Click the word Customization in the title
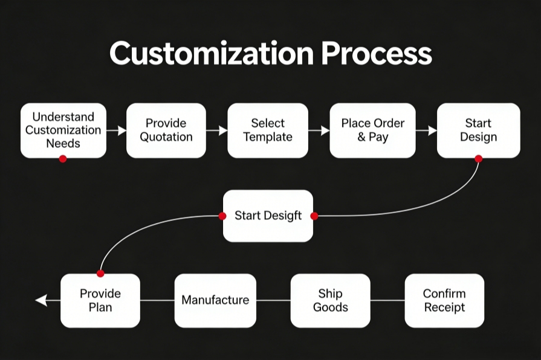(212, 54)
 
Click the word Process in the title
(377, 54)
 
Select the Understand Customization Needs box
(63, 129)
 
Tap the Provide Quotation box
(166, 130)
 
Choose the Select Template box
(268, 130)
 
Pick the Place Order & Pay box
(373, 130)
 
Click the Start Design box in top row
(478, 130)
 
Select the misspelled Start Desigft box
(268, 216)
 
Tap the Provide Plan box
(100, 300)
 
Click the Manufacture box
(215, 300)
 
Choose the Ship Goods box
(330, 300)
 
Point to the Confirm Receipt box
(444, 300)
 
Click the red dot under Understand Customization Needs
(63, 158)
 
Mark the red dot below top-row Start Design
(478, 159)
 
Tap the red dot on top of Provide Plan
(100, 274)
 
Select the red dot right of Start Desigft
(314, 216)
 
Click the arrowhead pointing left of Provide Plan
(40, 300)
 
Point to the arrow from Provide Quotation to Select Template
(216, 130)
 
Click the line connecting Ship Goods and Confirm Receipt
(387, 300)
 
